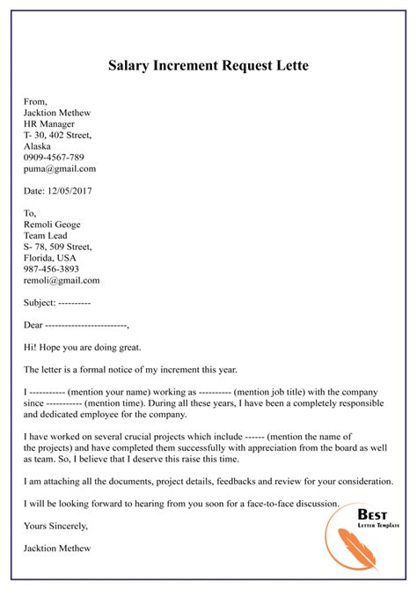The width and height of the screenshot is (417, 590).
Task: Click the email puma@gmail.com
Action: point(61,168)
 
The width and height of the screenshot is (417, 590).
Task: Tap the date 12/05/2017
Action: point(82,190)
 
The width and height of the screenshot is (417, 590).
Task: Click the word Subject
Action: point(40,302)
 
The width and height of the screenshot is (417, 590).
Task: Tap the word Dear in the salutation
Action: point(35,324)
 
